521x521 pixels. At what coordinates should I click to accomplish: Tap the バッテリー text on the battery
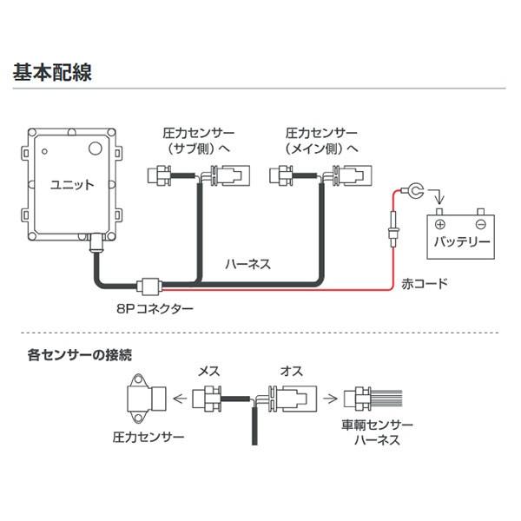[459, 241]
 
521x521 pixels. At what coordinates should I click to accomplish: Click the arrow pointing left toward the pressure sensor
[181, 399]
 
